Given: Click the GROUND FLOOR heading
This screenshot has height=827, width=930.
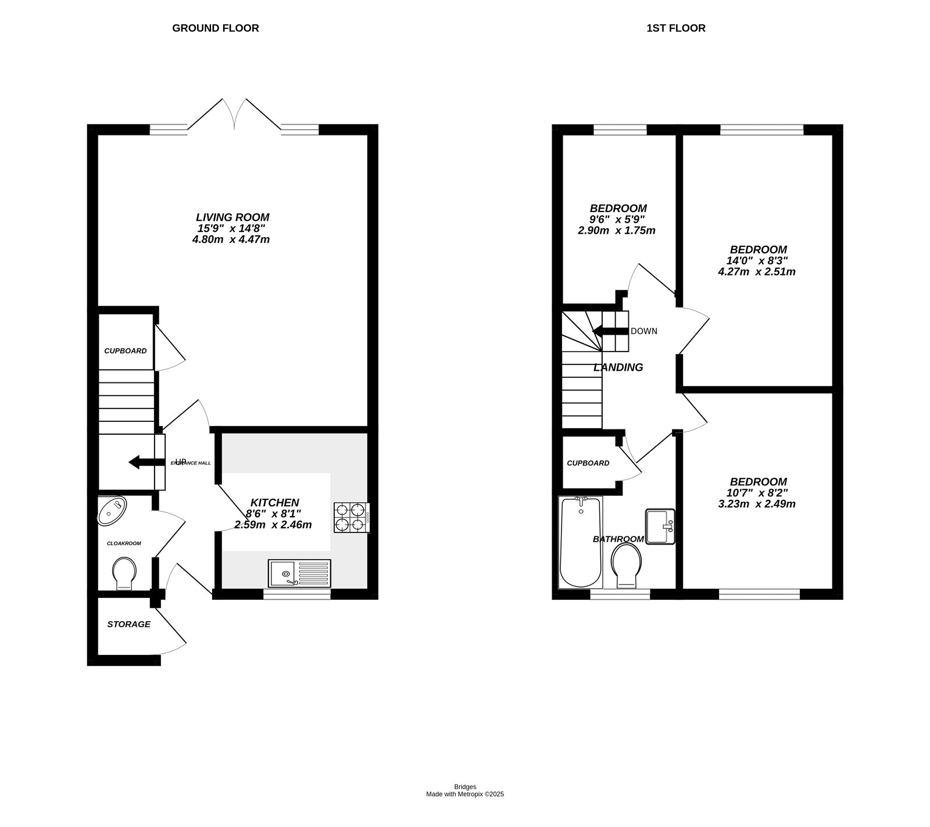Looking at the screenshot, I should tap(215, 28).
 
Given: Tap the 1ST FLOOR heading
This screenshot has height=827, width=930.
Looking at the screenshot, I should tap(675, 28).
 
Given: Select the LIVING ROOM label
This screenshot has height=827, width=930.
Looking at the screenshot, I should tap(232, 217).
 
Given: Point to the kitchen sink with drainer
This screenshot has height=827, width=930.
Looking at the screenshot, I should tap(299, 573).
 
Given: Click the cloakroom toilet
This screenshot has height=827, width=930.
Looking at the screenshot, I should tap(124, 573).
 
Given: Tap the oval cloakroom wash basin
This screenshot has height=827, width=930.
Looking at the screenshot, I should tap(112, 511).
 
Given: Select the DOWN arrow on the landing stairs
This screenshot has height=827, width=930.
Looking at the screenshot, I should tap(610, 331).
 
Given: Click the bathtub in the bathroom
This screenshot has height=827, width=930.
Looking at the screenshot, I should tap(580, 542).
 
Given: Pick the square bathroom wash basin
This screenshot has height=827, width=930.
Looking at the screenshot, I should tap(660, 527).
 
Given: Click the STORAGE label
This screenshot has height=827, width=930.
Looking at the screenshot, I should tap(128, 624).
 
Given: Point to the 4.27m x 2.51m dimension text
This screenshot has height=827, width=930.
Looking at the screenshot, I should tap(757, 271).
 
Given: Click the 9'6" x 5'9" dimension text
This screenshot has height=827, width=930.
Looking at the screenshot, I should tap(617, 219).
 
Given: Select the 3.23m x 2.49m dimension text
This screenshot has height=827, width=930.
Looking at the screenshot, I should tap(757, 504).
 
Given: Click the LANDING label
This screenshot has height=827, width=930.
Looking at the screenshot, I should tap(618, 367).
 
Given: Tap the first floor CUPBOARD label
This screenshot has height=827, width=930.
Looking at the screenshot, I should tap(588, 463).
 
